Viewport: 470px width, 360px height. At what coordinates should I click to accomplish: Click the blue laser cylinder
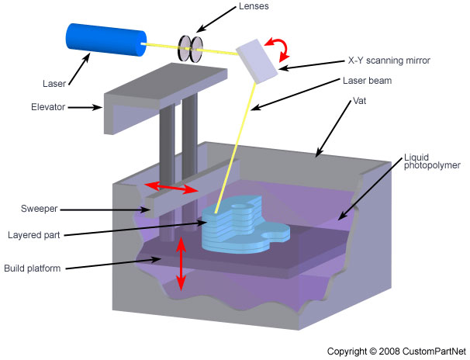105,39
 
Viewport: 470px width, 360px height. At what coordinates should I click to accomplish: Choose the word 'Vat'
359,101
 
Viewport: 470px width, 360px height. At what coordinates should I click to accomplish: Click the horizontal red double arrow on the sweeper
173,188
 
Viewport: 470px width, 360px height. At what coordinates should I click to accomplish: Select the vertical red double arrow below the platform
181,264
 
